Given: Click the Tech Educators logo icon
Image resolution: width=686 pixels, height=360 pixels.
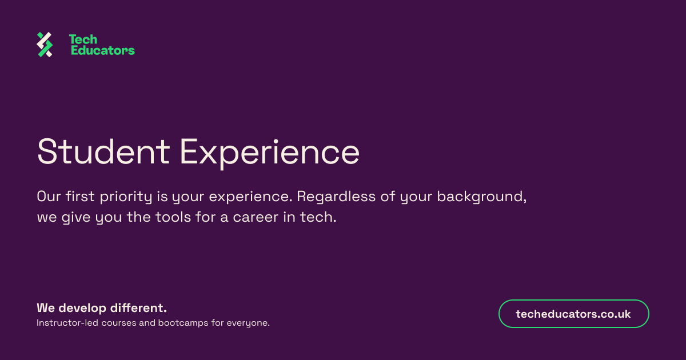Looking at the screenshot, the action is click(45, 45).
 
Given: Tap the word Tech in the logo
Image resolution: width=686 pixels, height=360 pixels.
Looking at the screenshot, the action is click(83, 39).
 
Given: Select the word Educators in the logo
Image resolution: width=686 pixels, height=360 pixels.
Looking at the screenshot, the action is click(103, 50).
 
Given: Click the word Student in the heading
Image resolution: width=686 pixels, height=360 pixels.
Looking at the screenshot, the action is click(103, 151).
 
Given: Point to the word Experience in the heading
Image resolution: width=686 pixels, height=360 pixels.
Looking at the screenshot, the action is click(270, 153).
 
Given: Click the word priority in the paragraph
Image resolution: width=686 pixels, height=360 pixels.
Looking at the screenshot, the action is click(126, 197).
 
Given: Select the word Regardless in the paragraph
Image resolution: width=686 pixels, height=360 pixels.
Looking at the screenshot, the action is click(336, 197).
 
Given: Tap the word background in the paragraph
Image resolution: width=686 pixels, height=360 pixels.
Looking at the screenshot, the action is click(482, 197).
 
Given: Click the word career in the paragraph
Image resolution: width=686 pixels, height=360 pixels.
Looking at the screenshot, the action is click(256, 217).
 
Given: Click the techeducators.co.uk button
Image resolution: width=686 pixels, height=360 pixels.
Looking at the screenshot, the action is click(573, 314).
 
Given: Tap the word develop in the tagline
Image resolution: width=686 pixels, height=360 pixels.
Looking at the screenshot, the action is click(82, 308).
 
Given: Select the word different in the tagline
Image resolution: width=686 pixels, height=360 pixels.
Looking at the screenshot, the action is click(138, 307).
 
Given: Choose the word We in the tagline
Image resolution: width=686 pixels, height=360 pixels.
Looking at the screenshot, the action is click(46, 308).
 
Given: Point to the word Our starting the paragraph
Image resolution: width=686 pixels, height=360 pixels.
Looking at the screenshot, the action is click(49, 197).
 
